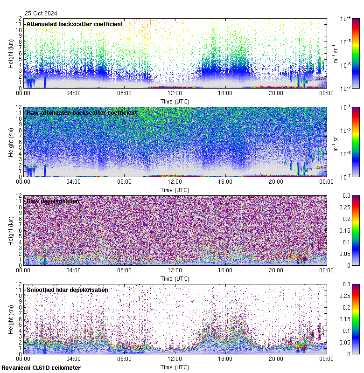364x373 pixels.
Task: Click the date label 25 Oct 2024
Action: point(42,13)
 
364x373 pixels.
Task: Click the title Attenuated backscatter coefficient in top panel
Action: point(75,24)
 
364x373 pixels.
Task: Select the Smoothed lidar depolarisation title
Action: point(67,290)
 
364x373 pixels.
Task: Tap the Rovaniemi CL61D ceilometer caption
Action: point(41,368)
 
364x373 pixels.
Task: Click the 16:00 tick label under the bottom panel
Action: point(225,359)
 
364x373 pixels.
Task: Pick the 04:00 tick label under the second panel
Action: point(74,181)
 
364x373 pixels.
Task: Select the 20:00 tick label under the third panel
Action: point(276,270)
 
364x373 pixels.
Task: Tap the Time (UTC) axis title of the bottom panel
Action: point(175,367)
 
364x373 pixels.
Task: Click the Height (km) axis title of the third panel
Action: point(11,230)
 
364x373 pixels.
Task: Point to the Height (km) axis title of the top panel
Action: point(11,53)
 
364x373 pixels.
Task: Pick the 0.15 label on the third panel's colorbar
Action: point(347,230)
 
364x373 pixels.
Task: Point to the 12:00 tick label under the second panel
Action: point(175,181)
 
